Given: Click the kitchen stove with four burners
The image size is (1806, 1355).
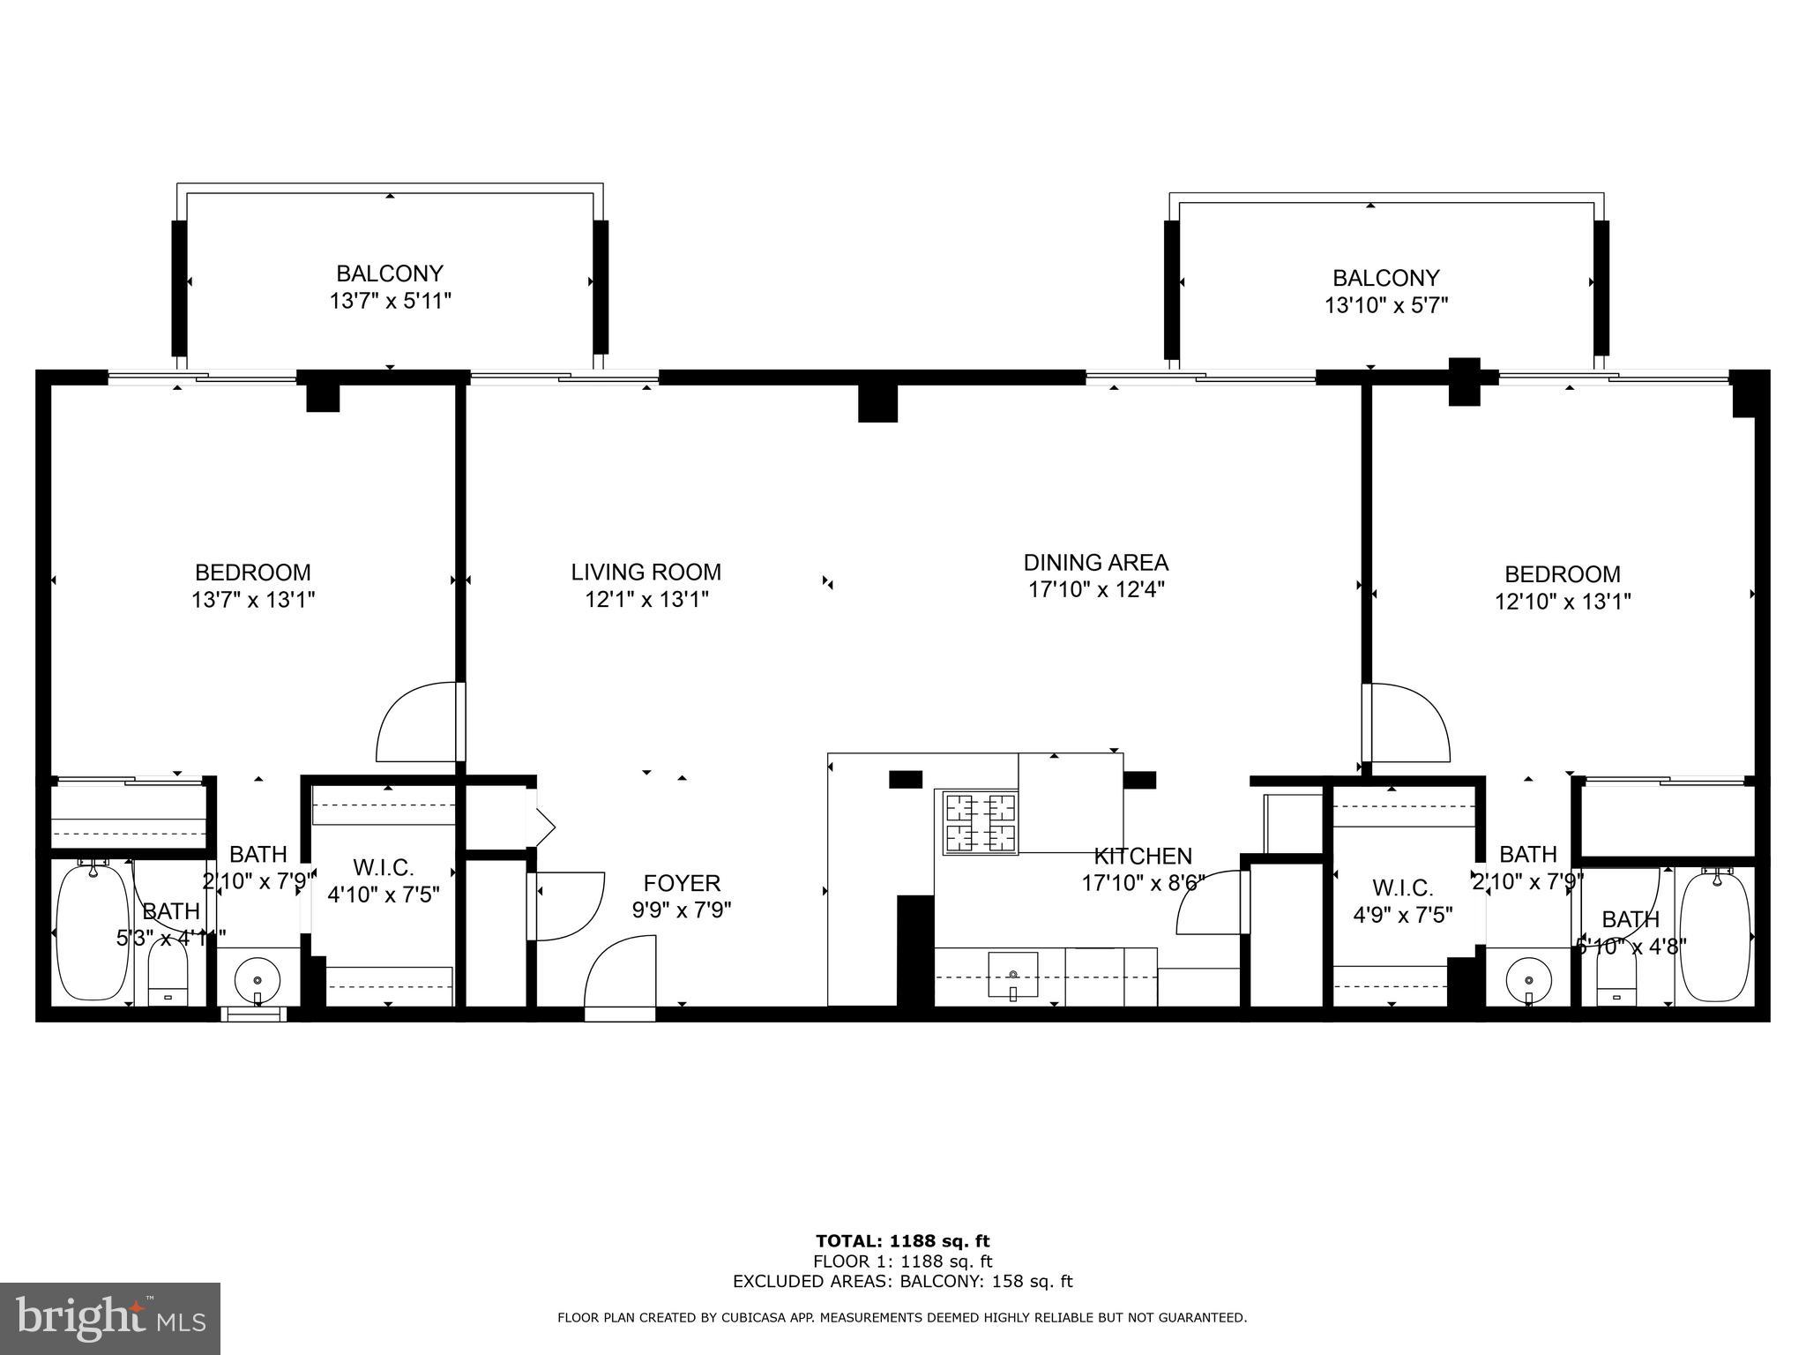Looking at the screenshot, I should tap(980, 823).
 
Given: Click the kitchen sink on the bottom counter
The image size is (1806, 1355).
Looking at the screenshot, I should tap(1012, 975).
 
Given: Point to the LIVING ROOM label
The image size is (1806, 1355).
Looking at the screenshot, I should tap(646, 573).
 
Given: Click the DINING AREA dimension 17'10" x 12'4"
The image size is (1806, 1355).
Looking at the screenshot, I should tap(1096, 589).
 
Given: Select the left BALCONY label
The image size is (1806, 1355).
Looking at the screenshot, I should tap(389, 273).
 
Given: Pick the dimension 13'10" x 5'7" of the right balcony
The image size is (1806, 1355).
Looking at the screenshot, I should tap(1386, 305).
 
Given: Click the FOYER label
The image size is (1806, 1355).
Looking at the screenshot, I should tap(682, 883).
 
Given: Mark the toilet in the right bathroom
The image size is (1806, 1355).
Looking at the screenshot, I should tap(1616, 980).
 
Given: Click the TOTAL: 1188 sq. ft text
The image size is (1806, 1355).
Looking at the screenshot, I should tap(902, 1242).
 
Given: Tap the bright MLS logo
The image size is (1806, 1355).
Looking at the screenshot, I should tap(110, 1319).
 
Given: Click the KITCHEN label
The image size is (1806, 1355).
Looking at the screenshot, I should tap(1143, 856).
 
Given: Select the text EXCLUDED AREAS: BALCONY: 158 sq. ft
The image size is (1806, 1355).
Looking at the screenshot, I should tap(902, 1282).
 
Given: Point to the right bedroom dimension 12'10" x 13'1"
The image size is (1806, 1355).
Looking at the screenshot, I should tap(1562, 602).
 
